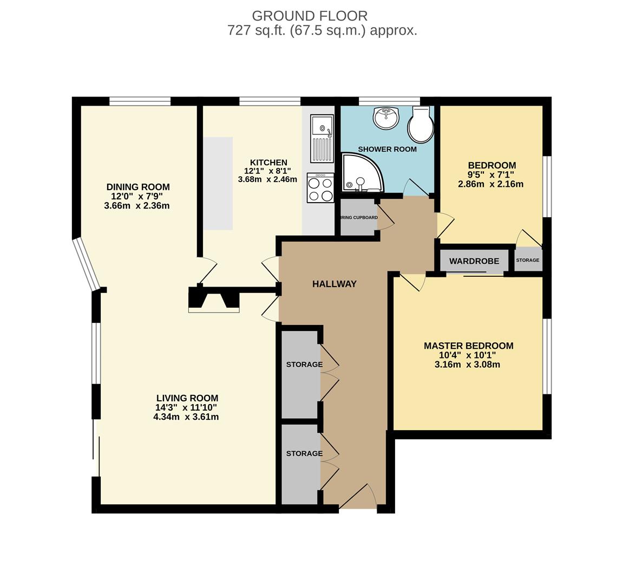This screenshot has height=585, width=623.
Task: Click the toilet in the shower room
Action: [421, 123]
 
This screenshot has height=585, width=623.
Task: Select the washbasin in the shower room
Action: [385, 118]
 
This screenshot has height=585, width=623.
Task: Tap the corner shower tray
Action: [360, 173]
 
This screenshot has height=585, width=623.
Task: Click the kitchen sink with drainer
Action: [322, 139]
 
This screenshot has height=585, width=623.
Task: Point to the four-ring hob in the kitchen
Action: [320, 188]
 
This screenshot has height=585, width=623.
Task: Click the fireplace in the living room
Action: [214, 301]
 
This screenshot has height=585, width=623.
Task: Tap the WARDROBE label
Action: [474, 261]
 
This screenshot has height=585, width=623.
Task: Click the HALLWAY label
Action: [335, 284]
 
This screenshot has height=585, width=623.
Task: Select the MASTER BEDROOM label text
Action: [468, 346]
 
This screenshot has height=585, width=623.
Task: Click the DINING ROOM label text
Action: [138, 187]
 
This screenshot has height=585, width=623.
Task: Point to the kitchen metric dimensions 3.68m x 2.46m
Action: [267, 179]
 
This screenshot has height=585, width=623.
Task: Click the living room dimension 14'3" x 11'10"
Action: [186, 407]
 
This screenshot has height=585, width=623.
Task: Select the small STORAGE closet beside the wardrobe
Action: [527, 260]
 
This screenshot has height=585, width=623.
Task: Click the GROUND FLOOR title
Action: [310, 16]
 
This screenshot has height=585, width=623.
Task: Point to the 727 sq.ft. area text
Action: [257, 30]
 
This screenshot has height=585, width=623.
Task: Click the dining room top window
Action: [140, 101]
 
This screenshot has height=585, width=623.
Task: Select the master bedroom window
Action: [547, 356]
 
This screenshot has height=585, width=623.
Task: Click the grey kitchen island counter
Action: [218, 183]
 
